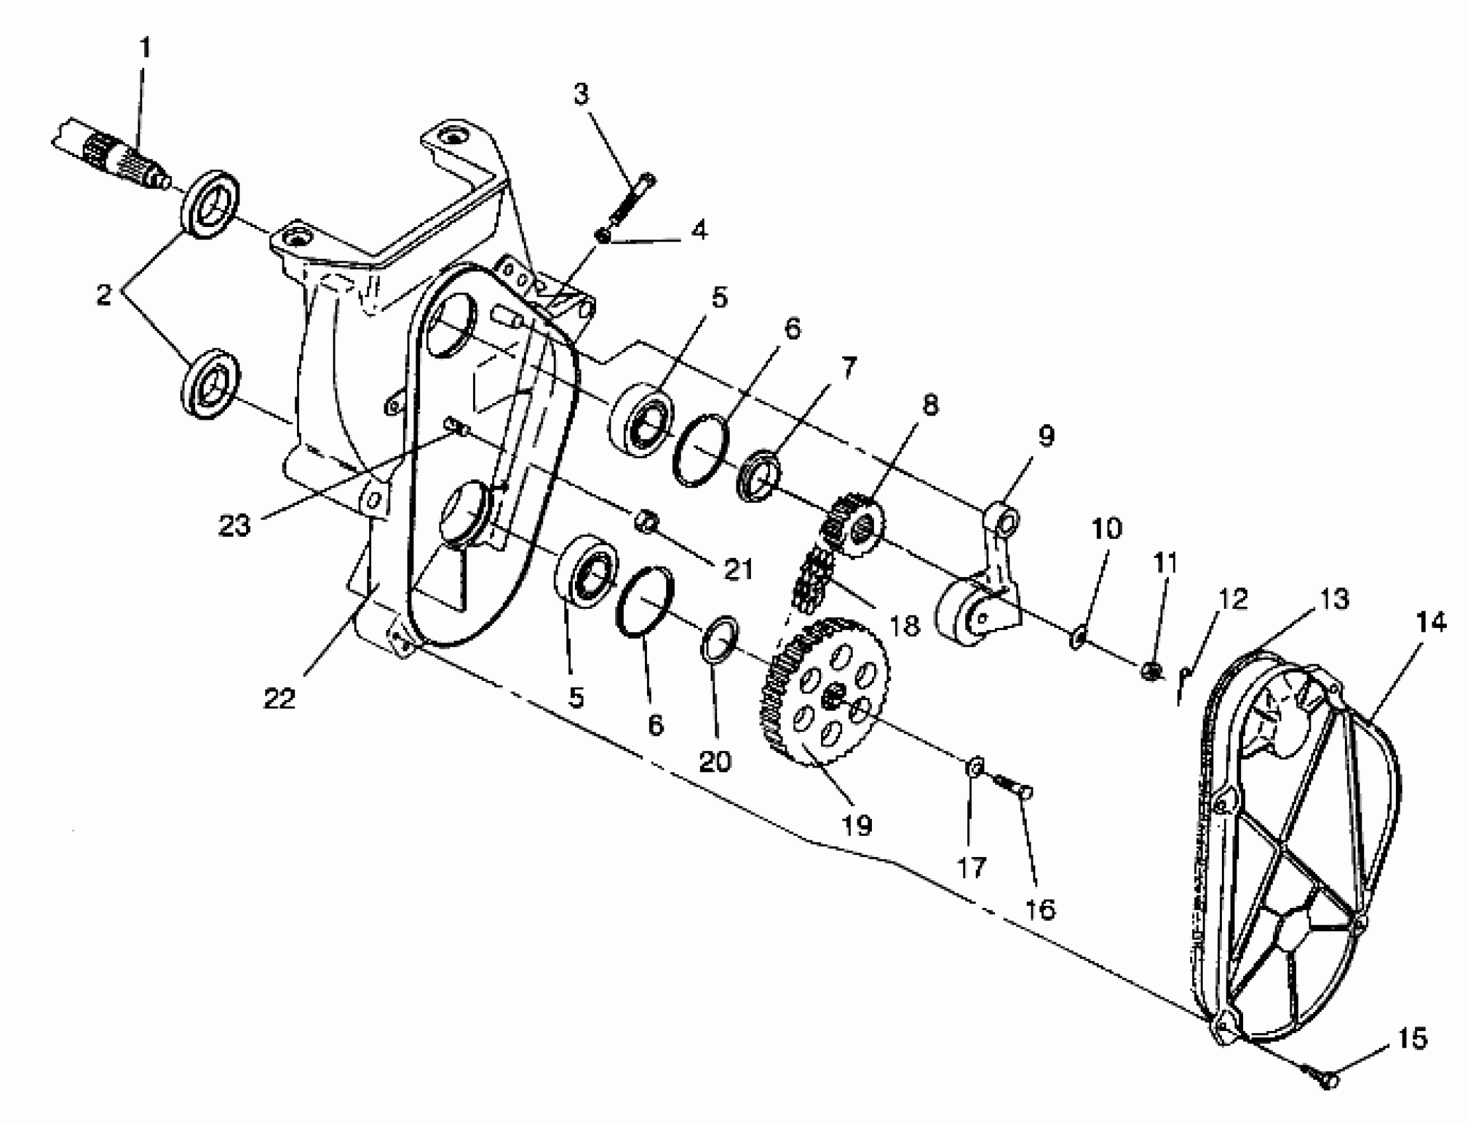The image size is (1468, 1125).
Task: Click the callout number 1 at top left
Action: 145,48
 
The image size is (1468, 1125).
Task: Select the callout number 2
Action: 104,294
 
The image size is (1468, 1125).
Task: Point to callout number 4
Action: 699,230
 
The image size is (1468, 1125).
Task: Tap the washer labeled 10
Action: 1077,636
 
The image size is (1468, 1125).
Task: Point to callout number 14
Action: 1430,622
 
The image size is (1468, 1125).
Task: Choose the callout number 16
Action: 1039,909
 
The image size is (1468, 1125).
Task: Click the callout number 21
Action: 738,569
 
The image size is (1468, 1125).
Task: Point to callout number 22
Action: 279,698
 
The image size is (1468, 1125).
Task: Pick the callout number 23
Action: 234,525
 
